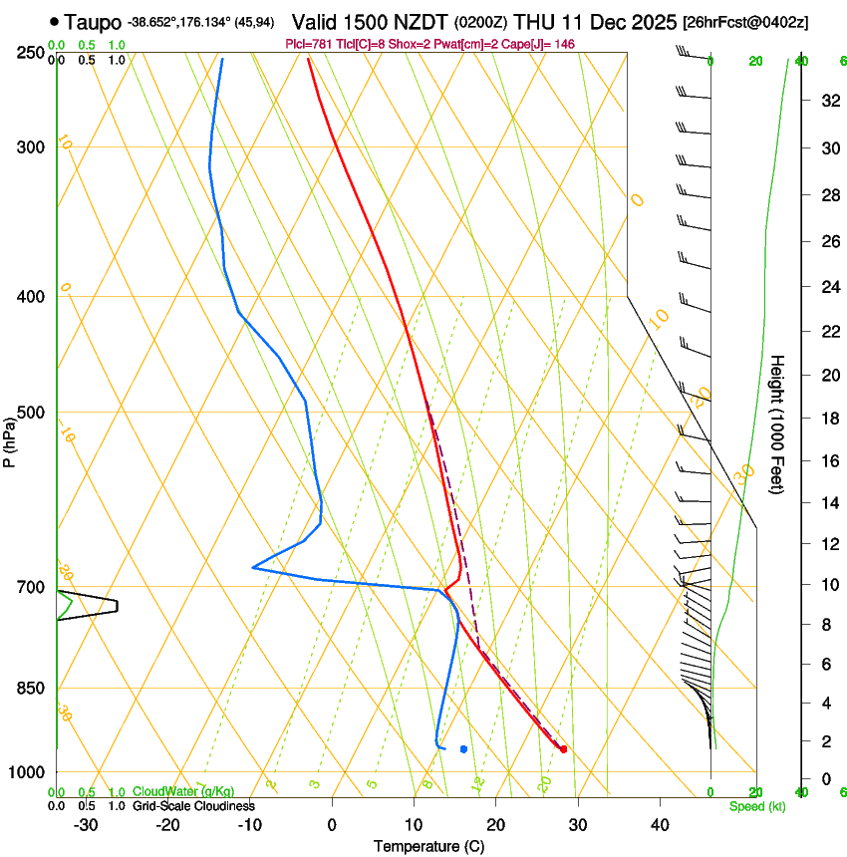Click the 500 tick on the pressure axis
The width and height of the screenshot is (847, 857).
[x=30, y=413]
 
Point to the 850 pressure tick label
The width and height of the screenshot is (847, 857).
[x=30, y=689]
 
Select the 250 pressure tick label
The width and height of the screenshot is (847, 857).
[x=30, y=53]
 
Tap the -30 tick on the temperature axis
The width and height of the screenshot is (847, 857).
[x=86, y=824]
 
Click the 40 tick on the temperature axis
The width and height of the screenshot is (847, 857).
[x=660, y=824]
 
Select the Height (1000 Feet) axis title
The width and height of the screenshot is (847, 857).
[x=777, y=424]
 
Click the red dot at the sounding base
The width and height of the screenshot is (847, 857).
[x=564, y=748]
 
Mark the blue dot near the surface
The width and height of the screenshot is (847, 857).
[x=463, y=748]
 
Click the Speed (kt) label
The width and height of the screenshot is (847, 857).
[x=756, y=806]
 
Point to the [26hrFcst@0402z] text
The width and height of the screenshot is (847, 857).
[x=744, y=22]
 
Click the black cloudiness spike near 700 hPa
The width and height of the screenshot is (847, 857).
[x=116, y=604]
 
